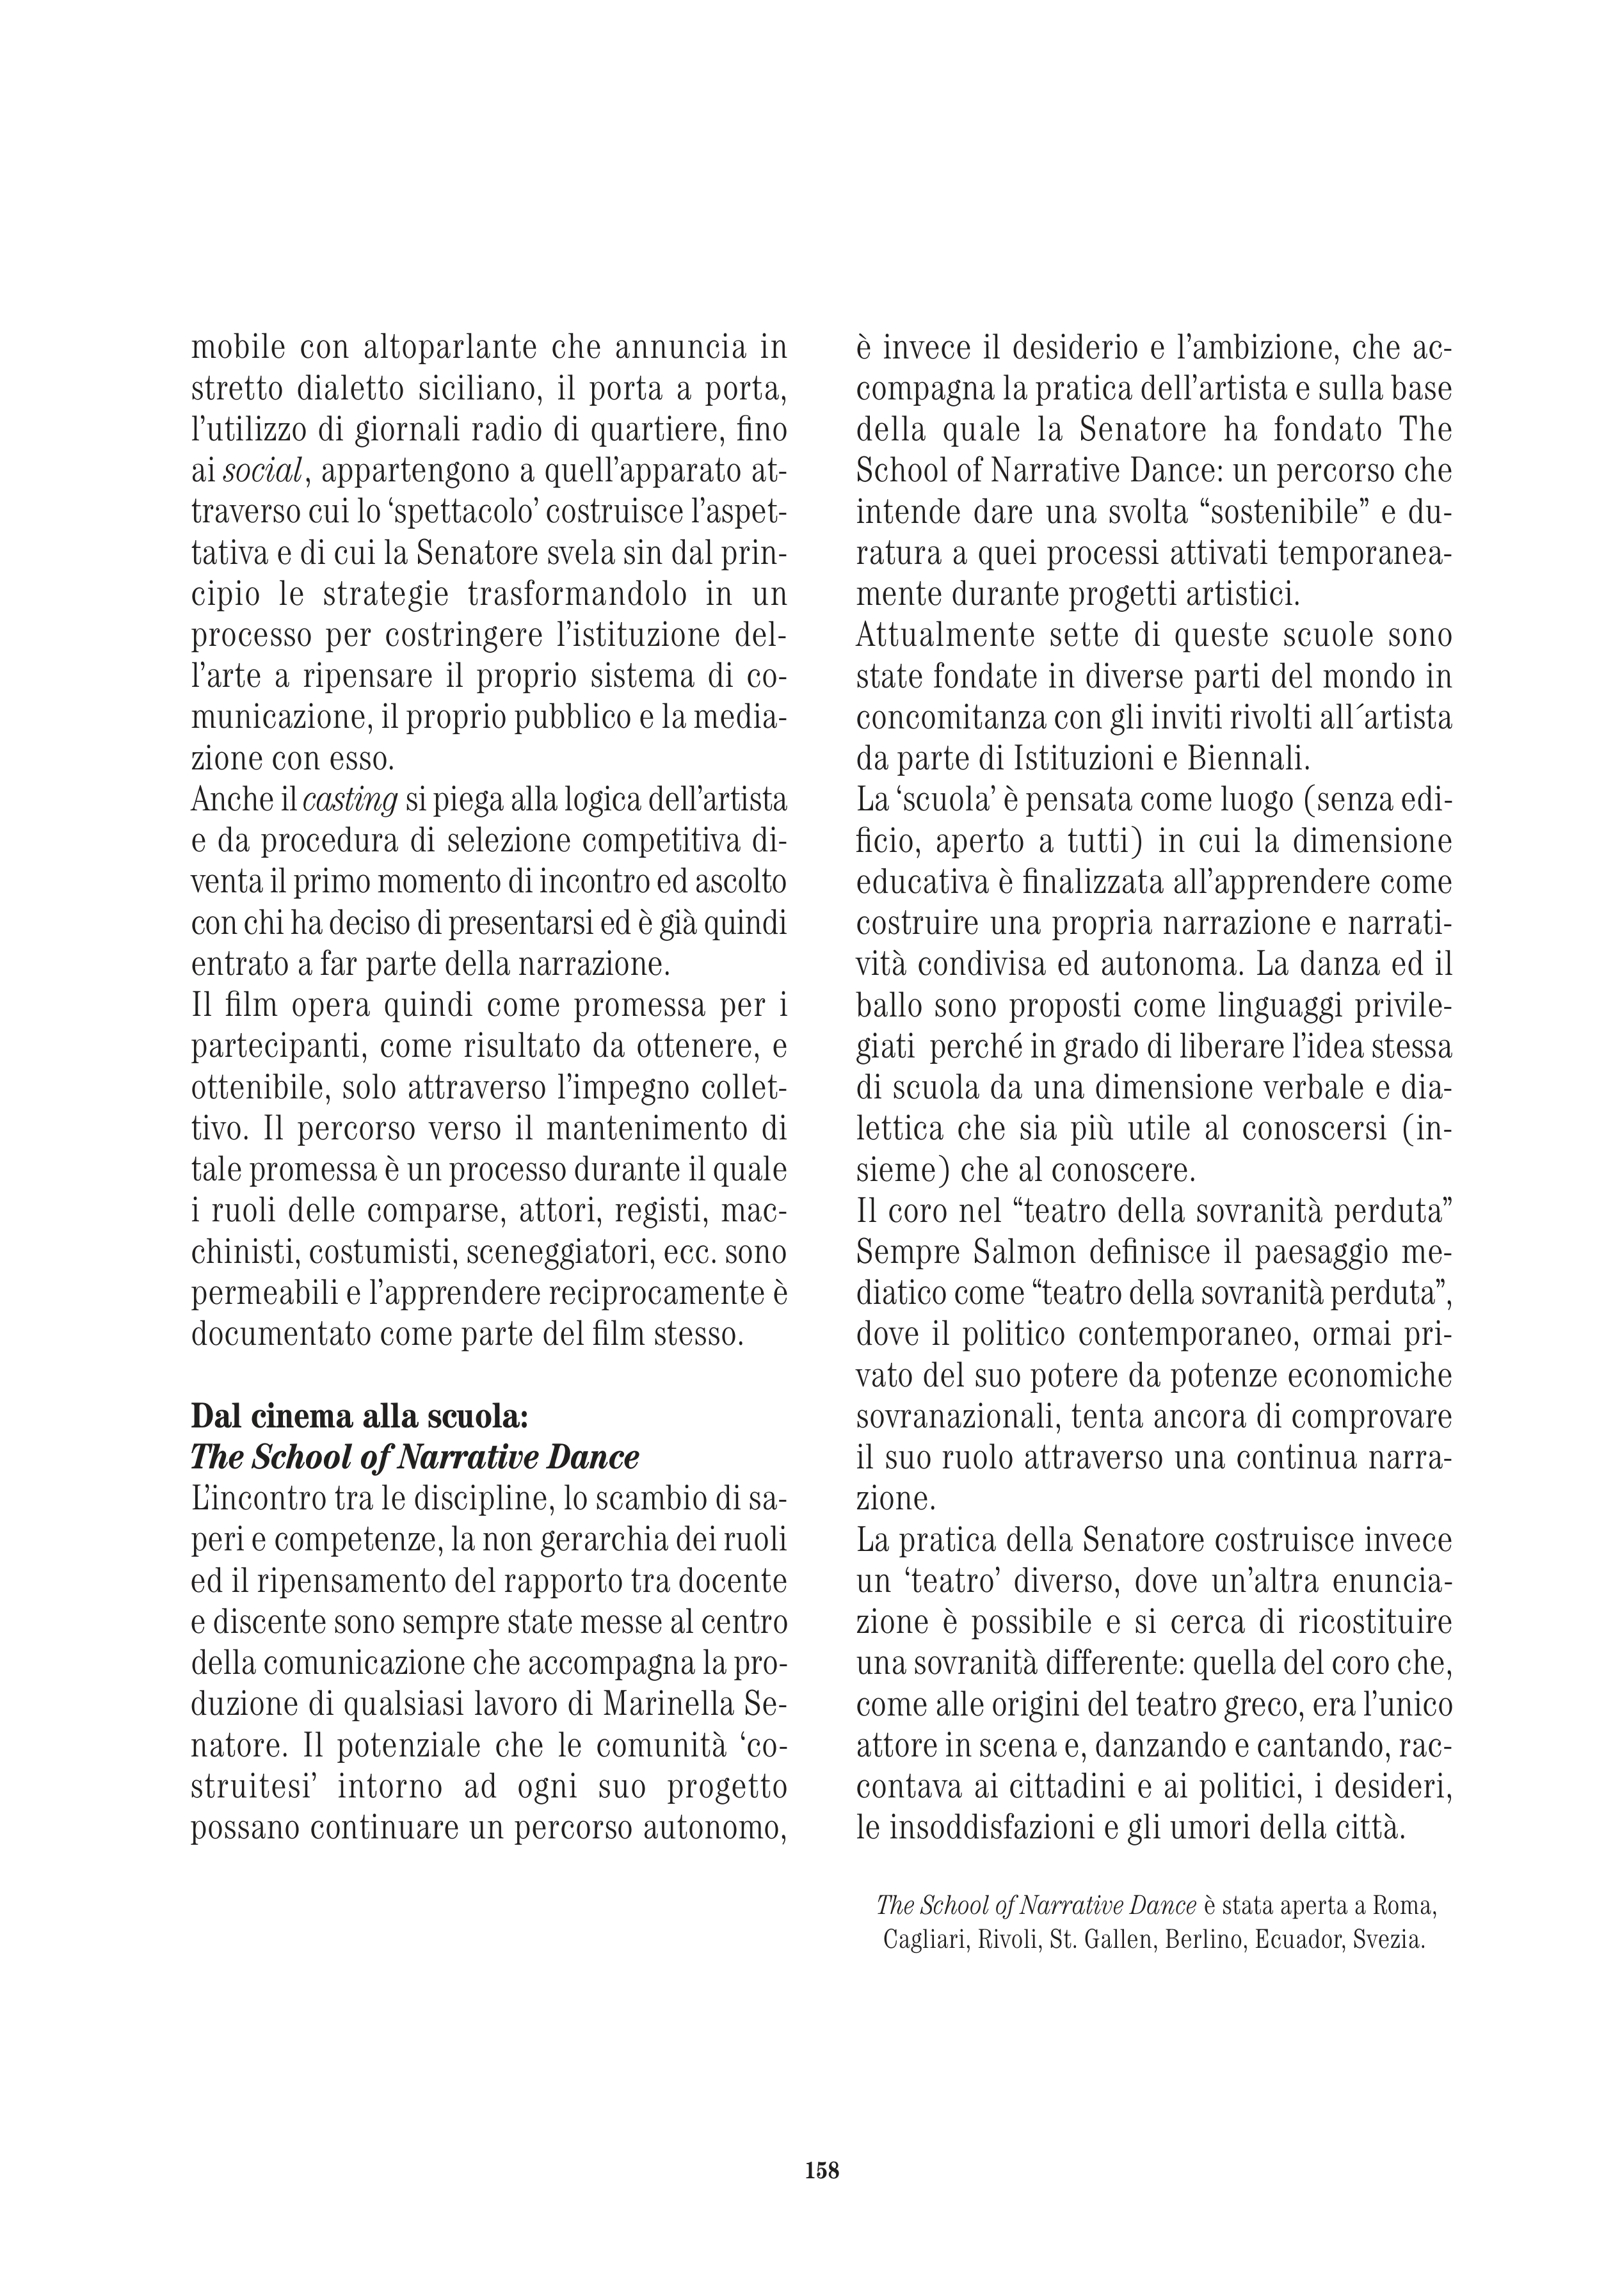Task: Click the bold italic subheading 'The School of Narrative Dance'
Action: (x=414, y=1457)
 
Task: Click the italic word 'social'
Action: (x=266, y=472)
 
